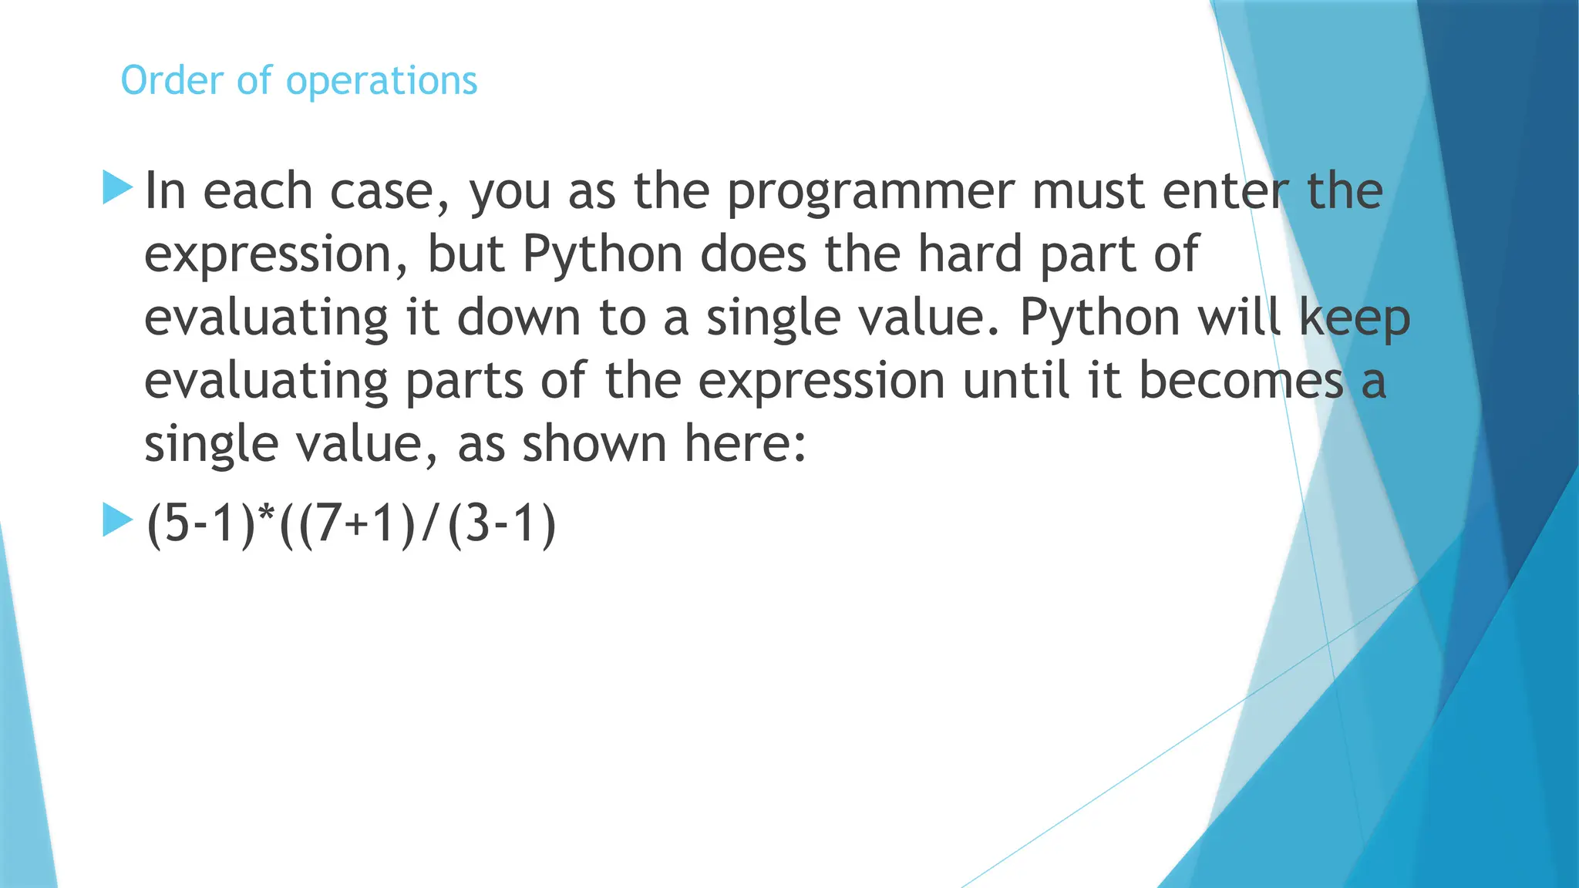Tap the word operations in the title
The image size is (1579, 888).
[x=382, y=82]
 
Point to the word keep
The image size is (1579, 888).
[x=1355, y=318]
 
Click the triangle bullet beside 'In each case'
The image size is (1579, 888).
[x=117, y=188]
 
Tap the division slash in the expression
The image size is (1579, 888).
[x=429, y=524]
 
